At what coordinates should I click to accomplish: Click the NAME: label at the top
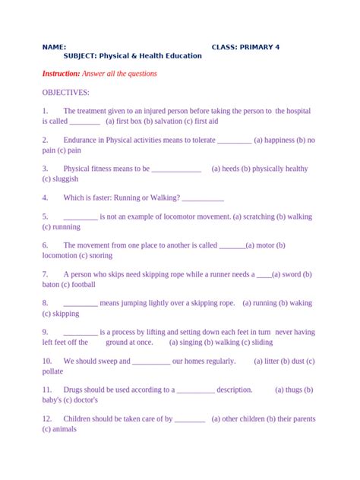[x=54, y=47]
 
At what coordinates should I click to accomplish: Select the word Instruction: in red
[x=61, y=74]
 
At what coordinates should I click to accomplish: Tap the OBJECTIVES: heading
[x=66, y=92]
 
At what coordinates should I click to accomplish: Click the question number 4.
[x=46, y=197]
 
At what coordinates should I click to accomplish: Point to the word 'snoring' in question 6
[x=107, y=255]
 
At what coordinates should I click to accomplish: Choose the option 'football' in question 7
[x=81, y=284]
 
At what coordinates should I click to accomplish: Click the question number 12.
[x=47, y=418]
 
